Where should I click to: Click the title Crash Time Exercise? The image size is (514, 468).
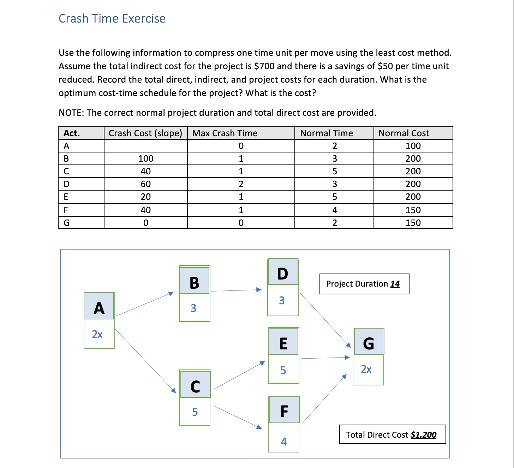(112, 18)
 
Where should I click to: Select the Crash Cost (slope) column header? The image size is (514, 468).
(145, 133)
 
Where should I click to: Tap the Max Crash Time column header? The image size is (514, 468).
(225, 133)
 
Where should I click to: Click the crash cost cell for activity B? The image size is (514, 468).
(145, 158)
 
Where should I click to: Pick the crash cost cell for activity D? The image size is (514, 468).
(145, 184)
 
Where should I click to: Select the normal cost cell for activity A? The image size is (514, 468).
(413, 146)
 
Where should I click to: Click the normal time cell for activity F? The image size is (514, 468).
(334, 210)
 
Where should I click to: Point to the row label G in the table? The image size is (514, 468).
(66, 223)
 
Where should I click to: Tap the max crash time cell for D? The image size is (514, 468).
(241, 184)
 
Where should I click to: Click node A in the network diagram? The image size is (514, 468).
(99, 308)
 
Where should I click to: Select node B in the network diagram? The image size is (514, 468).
(194, 282)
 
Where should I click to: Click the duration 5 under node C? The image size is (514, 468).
(195, 412)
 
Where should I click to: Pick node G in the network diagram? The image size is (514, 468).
(369, 343)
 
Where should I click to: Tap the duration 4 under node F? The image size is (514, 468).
(284, 441)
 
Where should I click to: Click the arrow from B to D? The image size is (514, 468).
(236, 290)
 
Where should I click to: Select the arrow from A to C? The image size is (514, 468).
(145, 360)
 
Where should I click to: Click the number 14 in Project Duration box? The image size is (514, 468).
(395, 284)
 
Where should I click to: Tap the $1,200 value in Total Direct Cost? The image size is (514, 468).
(423, 434)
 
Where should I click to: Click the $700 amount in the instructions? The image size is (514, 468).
(264, 66)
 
